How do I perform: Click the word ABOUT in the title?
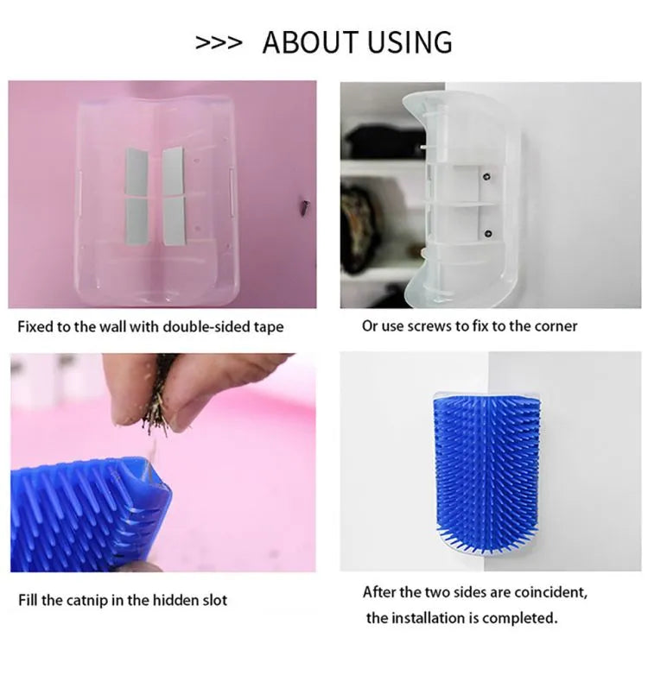pyautogui.click(x=310, y=42)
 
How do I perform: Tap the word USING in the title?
pyautogui.click(x=410, y=42)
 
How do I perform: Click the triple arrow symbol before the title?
pyautogui.click(x=219, y=43)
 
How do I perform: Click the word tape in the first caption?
pyautogui.click(x=269, y=327)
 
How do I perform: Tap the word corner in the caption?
pyautogui.click(x=556, y=326)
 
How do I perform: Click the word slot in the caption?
pyautogui.click(x=215, y=600)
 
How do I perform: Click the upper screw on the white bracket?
pyautogui.click(x=487, y=177)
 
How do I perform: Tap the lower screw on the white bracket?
pyautogui.click(x=488, y=233)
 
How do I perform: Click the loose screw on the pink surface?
pyautogui.click(x=306, y=206)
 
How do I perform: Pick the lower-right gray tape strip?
pyautogui.click(x=174, y=221)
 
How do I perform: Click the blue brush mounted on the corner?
pyautogui.click(x=486, y=472)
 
